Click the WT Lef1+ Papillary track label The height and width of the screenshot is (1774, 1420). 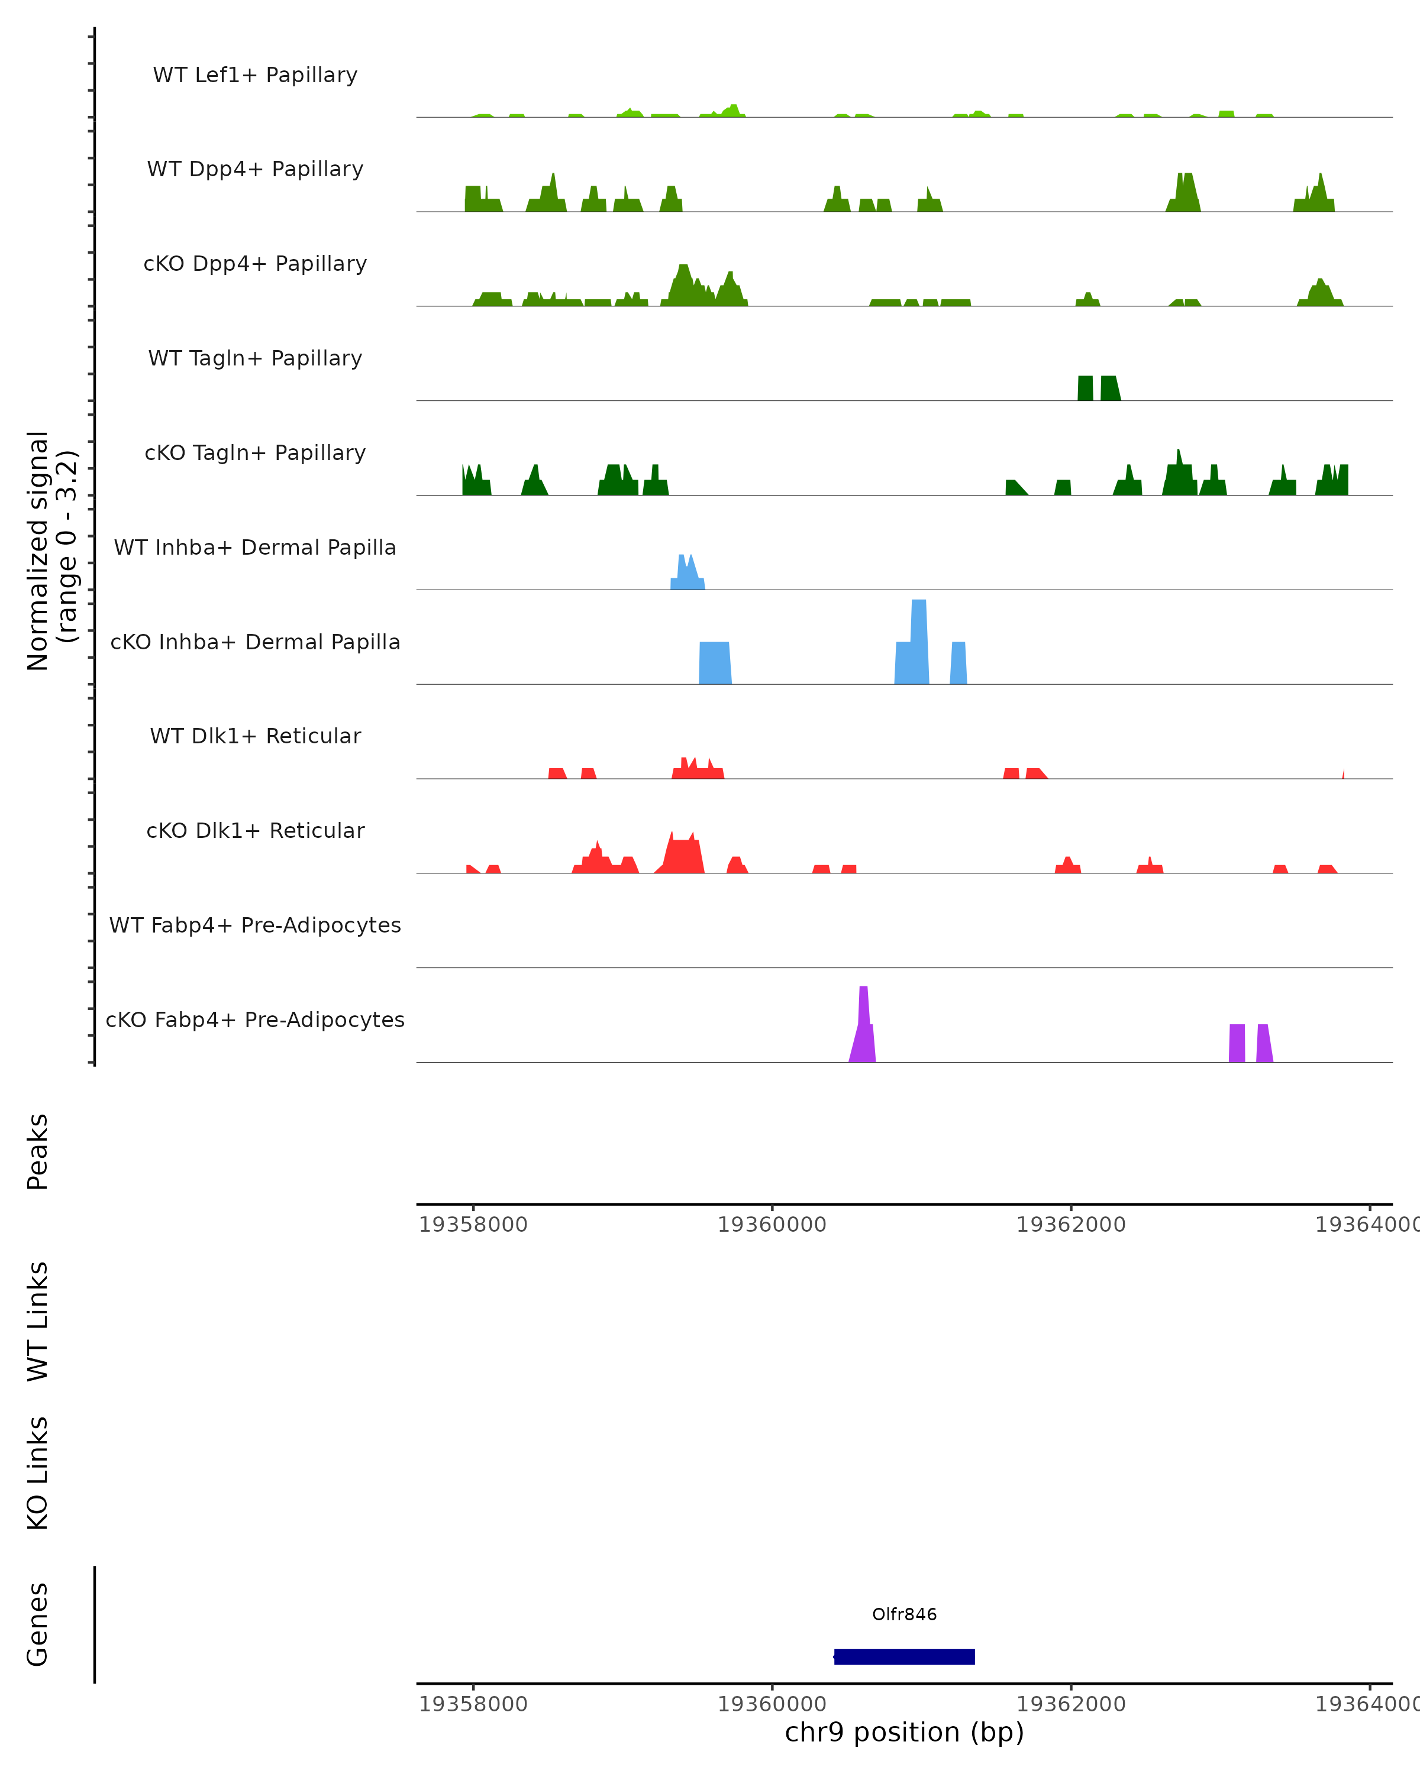tap(255, 75)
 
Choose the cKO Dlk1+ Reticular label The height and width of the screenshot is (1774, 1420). tap(255, 830)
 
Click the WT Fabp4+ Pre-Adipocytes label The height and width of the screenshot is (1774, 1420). tap(255, 925)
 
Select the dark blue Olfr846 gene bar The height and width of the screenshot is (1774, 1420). tap(904, 1656)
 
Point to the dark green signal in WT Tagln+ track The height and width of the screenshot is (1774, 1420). tap(1098, 389)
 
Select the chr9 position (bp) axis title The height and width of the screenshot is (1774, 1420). tap(904, 1732)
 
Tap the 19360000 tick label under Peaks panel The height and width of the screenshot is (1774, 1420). tap(772, 1225)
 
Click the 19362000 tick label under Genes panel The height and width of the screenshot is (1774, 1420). tap(1070, 1704)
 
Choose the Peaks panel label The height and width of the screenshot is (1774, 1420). tap(38, 1151)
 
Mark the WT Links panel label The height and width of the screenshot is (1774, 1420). tap(38, 1320)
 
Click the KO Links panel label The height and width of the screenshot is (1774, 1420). tap(38, 1473)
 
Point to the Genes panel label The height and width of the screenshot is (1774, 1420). tap(38, 1624)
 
